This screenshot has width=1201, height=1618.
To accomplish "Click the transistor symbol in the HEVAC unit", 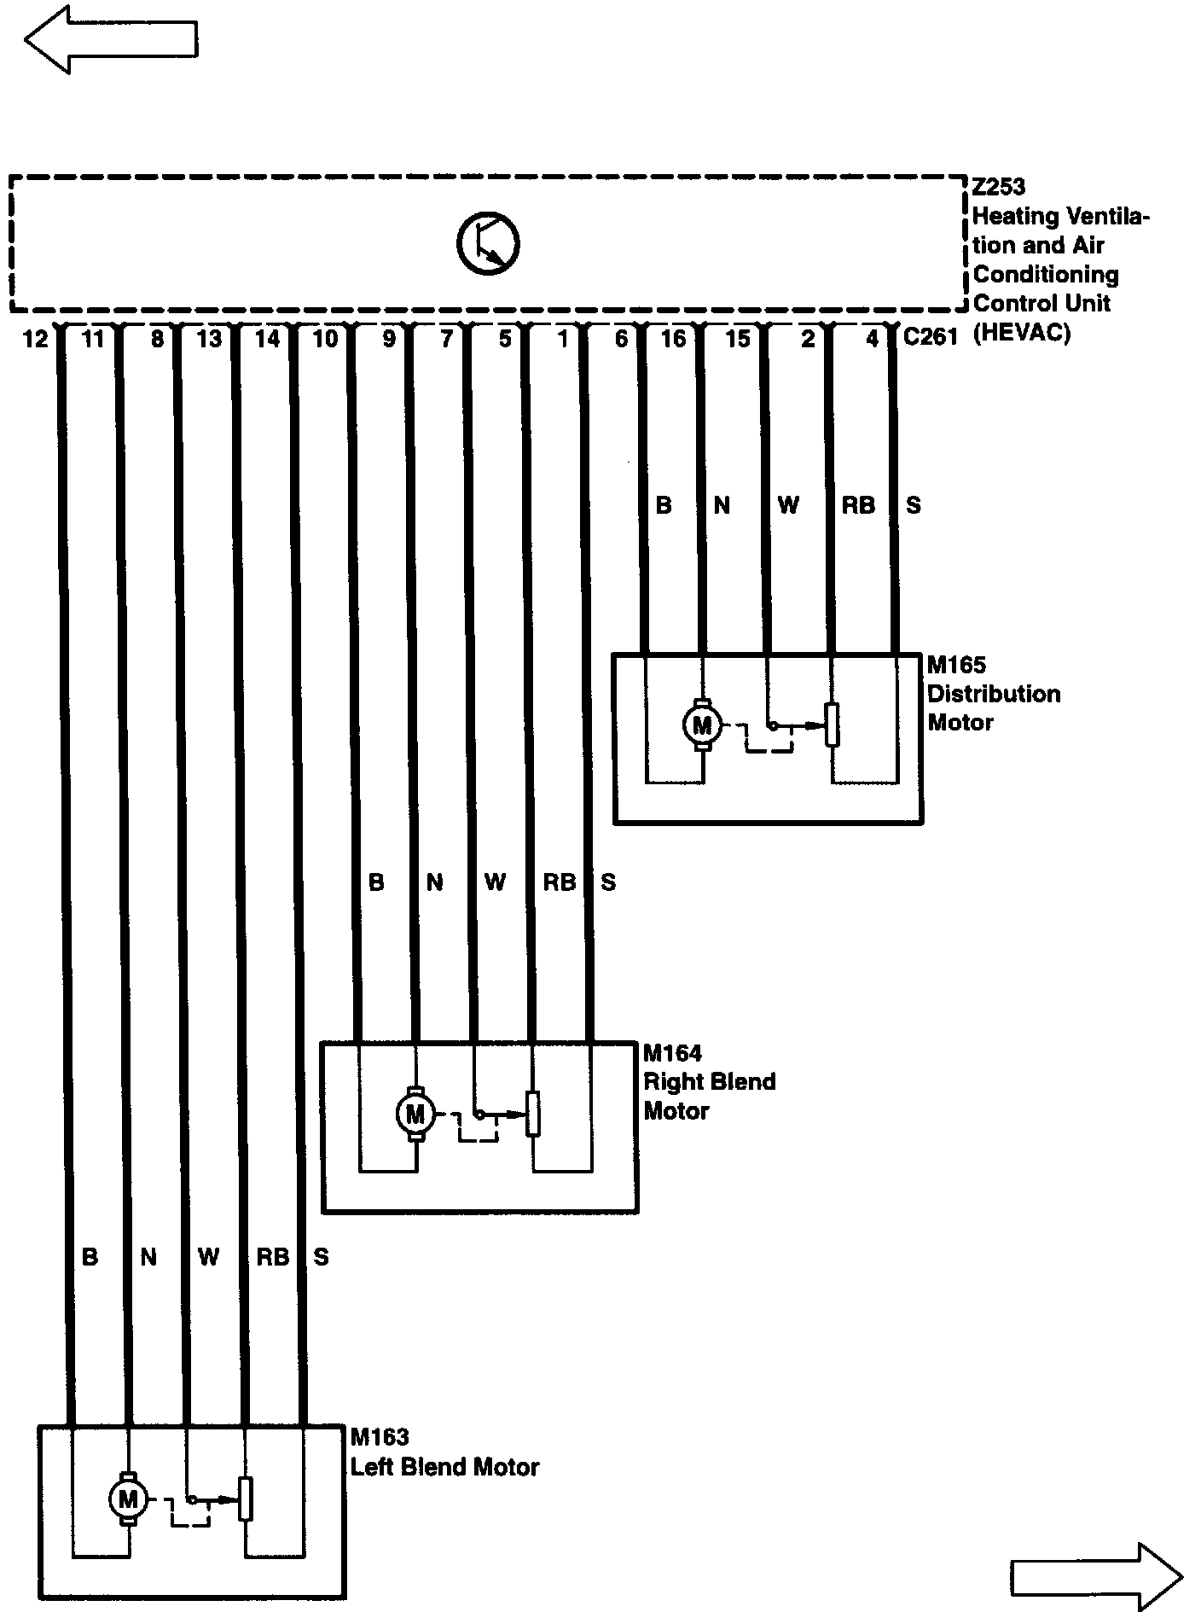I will pyautogui.click(x=487, y=243).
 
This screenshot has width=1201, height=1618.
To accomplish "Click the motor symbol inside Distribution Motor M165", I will pyautogui.click(x=702, y=725).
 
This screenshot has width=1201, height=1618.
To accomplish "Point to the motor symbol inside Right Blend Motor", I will pyautogui.click(x=415, y=1114).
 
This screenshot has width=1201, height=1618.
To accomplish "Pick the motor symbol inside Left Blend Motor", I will pyautogui.click(x=128, y=1498).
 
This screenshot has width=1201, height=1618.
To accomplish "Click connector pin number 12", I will pyautogui.click(x=35, y=340).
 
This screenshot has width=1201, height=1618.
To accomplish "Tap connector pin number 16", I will pyautogui.click(x=673, y=340).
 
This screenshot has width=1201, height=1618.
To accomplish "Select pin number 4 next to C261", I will pyautogui.click(x=872, y=340).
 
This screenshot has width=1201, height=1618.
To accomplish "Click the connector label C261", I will pyautogui.click(x=931, y=337).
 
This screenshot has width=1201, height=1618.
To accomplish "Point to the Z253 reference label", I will pyautogui.click(x=999, y=186).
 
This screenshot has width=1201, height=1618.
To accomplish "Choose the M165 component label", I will pyautogui.click(x=956, y=665).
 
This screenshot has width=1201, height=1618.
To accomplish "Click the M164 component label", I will pyautogui.click(x=672, y=1053).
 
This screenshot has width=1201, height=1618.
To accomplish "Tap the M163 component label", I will pyautogui.click(x=380, y=1438).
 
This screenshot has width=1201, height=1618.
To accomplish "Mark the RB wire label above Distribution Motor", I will pyautogui.click(x=858, y=506).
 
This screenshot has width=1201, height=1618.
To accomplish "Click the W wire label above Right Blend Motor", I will pyautogui.click(x=495, y=882).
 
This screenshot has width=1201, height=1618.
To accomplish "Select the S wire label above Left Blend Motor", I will pyautogui.click(x=321, y=1257).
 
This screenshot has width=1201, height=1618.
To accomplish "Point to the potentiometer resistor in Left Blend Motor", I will pyautogui.click(x=246, y=1499).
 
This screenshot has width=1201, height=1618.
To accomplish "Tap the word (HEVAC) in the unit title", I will pyautogui.click(x=1021, y=333).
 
